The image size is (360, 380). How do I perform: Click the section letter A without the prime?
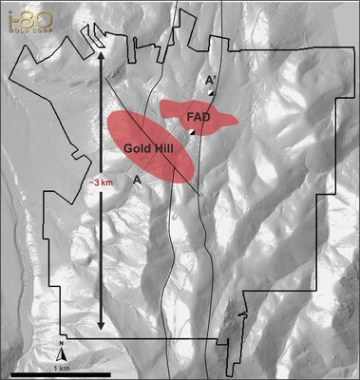coord(138,178)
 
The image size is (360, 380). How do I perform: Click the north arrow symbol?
coord(61,355)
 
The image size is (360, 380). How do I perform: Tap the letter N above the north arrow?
coord(61,343)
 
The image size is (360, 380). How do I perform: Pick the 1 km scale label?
coord(61,367)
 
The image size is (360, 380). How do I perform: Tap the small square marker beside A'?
coord(211,93)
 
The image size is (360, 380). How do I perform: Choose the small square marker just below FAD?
coord(192,134)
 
